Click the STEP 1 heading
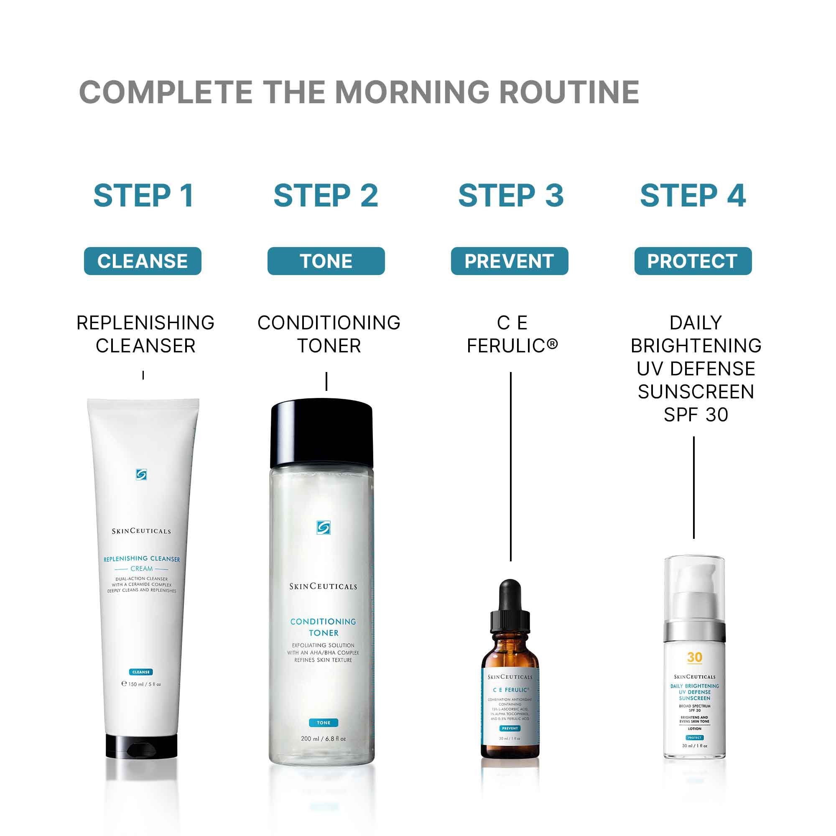click(x=143, y=196)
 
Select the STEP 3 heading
click(x=511, y=196)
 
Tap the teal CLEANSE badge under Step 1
click(x=143, y=261)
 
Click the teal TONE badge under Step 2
click(x=326, y=261)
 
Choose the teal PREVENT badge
click(x=509, y=261)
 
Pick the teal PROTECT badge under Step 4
click(x=693, y=261)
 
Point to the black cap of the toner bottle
click(x=321, y=434)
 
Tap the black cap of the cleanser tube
click(x=142, y=746)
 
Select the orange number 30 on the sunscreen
click(x=694, y=657)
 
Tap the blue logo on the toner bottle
click(x=323, y=528)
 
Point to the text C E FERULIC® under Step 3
click(x=512, y=334)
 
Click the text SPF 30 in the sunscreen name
click(x=696, y=415)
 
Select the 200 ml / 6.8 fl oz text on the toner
click(x=323, y=738)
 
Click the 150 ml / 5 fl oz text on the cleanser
click(x=142, y=684)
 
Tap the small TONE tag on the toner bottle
click(x=323, y=723)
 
